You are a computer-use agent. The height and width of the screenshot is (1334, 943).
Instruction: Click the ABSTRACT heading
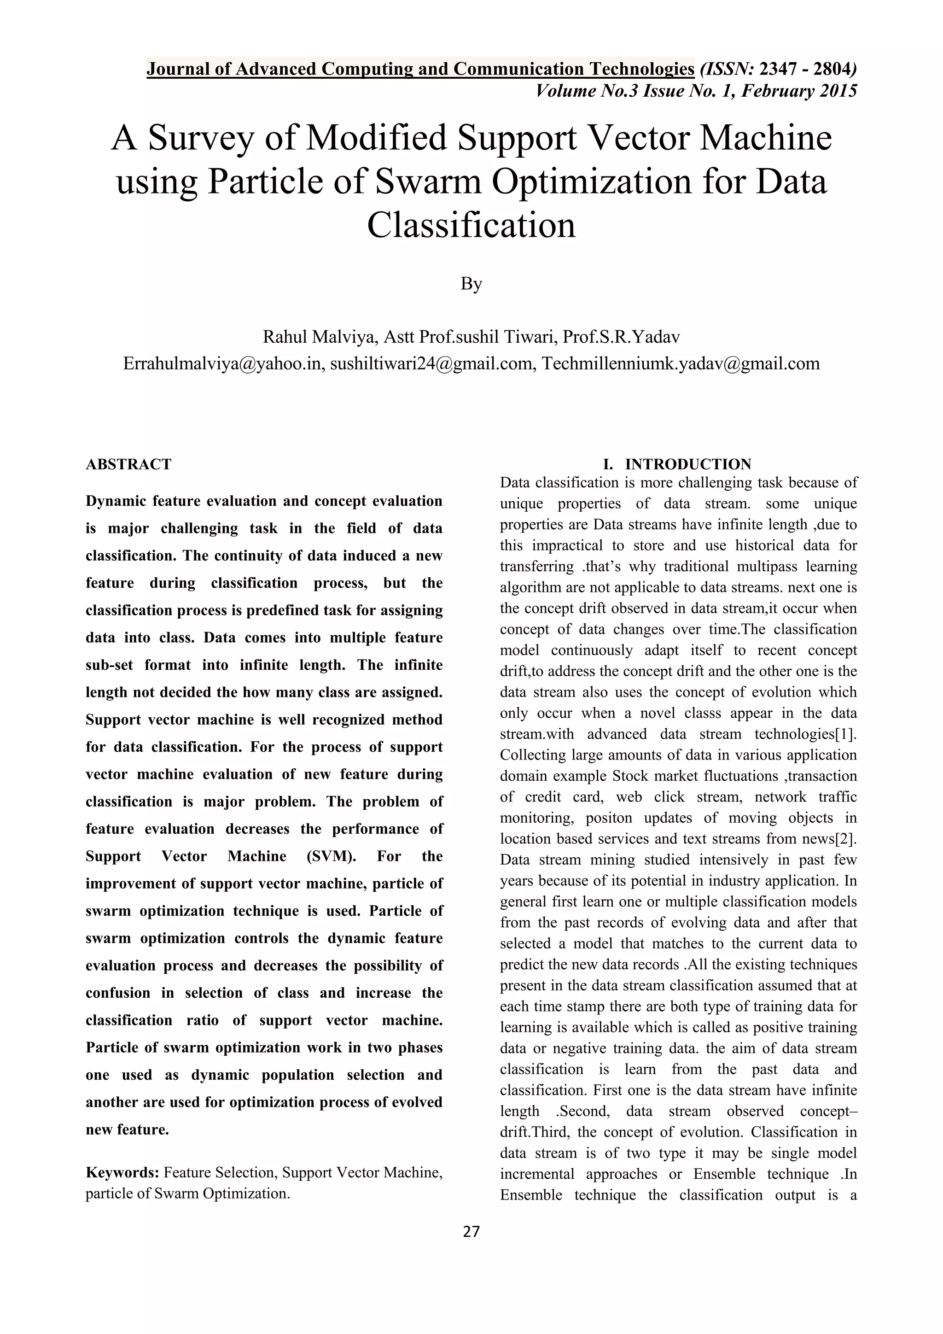(128, 464)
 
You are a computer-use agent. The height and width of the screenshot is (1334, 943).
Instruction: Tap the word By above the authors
(471, 284)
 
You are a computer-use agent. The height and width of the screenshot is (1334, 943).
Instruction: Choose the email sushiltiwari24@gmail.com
(431, 364)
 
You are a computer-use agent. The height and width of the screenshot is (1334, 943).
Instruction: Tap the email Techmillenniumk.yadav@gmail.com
(681, 364)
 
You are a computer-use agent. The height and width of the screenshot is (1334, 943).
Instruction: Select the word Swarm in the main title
(429, 182)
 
